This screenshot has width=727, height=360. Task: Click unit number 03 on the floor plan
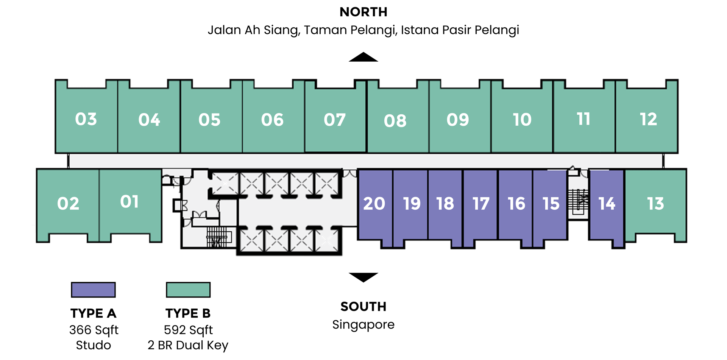point(86,119)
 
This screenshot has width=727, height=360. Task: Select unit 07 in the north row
point(335,120)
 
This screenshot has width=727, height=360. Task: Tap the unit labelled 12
point(648,119)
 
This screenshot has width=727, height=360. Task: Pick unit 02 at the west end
point(68,204)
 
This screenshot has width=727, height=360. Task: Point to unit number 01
point(129,202)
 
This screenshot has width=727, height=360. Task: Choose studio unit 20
point(374,204)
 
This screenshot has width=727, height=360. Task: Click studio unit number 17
point(481,204)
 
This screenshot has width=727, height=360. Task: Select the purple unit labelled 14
point(607,204)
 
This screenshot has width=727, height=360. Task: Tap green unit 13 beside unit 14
point(655,204)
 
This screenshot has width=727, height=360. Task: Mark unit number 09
point(458,120)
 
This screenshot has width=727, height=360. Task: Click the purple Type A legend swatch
point(94,290)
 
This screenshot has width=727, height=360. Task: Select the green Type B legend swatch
point(188,290)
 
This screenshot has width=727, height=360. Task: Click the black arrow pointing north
point(363,57)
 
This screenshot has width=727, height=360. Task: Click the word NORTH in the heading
point(363,12)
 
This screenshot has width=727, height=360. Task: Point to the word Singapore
point(363,325)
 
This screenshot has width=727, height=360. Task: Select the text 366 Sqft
point(94,330)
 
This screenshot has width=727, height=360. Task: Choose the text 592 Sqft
point(188,330)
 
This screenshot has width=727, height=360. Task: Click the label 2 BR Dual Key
point(188,345)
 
